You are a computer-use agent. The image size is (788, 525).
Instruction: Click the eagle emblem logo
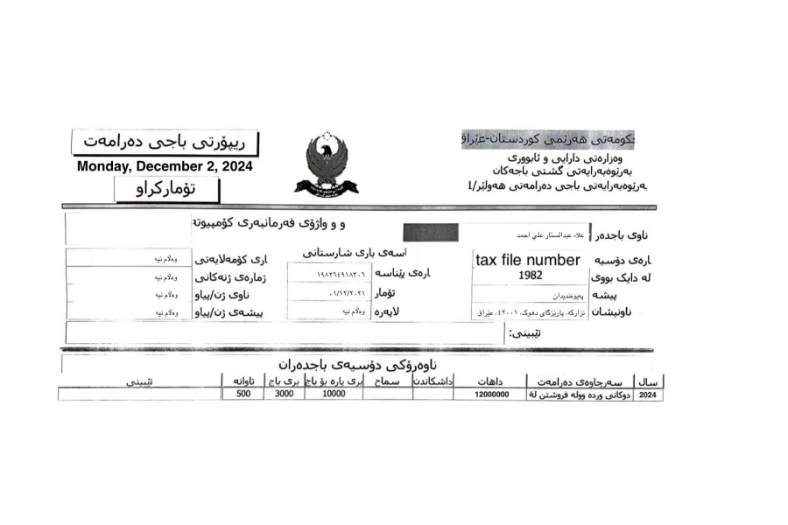(327, 164)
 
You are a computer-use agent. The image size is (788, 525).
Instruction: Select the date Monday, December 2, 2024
(165, 166)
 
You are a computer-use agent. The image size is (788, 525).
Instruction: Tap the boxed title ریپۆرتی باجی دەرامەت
(165, 141)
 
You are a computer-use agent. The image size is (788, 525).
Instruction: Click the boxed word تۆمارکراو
(166, 189)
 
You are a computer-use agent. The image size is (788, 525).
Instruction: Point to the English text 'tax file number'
(527, 260)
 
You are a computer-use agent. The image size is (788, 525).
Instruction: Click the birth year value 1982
(530, 275)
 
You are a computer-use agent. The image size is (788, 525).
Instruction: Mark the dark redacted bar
(430, 233)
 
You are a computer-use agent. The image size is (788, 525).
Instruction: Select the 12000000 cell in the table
(490, 395)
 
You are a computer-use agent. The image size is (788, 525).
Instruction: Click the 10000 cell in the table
(334, 395)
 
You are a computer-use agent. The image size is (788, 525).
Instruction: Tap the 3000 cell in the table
(284, 395)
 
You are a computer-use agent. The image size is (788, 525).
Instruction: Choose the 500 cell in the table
(243, 395)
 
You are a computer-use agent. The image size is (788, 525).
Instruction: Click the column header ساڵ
(651, 381)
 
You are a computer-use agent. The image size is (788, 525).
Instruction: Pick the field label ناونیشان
(620, 312)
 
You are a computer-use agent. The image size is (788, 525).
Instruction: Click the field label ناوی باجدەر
(629, 235)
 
